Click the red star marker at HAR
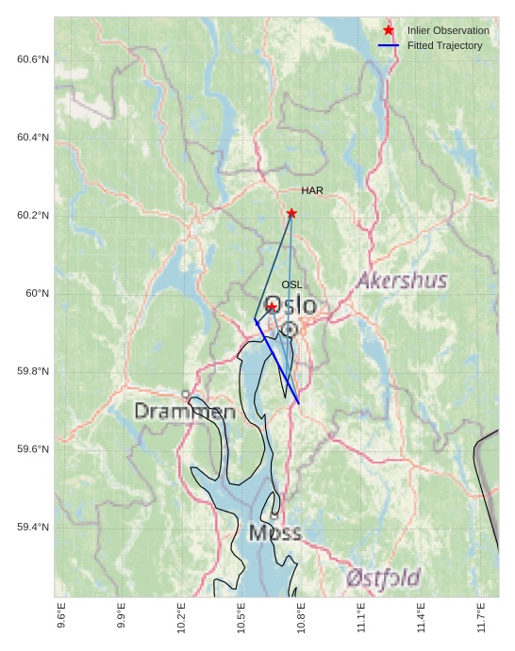click(x=291, y=213)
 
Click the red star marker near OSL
click(x=272, y=307)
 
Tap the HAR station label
click(x=312, y=190)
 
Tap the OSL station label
click(x=291, y=285)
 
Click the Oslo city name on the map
click(x=290, y=306)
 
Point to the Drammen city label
click(x=185, y=412)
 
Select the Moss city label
click(x=275, y=533)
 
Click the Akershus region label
click(x=402, y=281)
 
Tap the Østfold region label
click(x=382, y=578)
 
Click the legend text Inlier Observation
click(x=448, y=31)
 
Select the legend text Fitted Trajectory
click(x=444, y=45)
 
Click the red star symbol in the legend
click(x=389, y=30)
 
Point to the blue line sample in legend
click(x=389, y=45)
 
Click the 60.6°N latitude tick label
click(x=33, y=59)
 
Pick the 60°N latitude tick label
click(x=37, y=293)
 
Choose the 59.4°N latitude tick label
click(x=33, y=527)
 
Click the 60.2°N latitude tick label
click(x=33, y=216)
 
